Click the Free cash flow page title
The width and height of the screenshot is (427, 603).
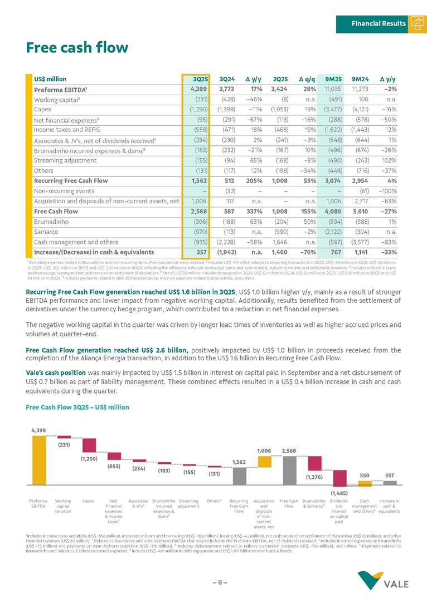pos(77,48)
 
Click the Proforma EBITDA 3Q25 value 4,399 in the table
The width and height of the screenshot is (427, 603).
pos(199,89)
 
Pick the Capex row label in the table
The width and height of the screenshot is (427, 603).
pos(42,109)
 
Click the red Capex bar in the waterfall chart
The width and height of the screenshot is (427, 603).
pos(89,445)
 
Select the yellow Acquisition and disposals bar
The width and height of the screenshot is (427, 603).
pos(264,462)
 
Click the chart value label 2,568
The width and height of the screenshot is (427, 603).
pos(289,450)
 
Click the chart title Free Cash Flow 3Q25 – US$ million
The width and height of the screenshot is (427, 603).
pos(77,407)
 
